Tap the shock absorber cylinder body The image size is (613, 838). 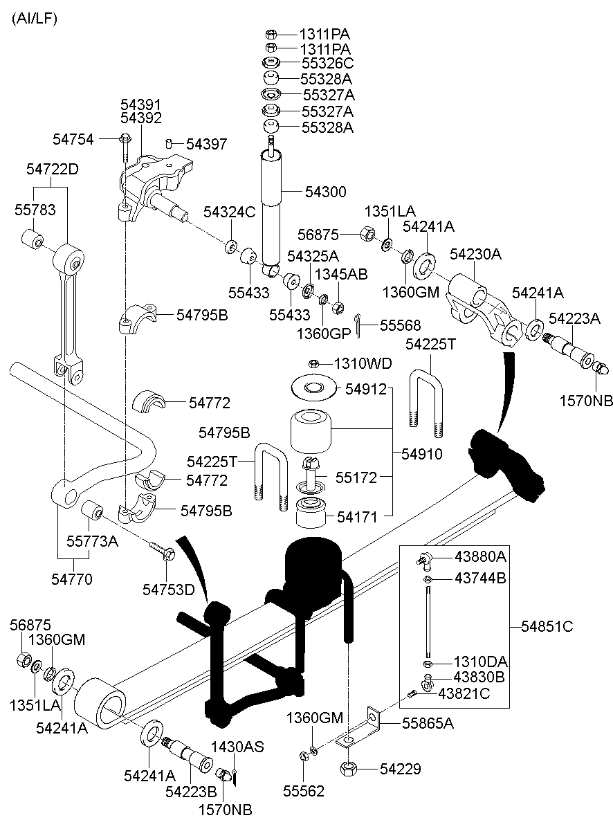(x=271, y=208)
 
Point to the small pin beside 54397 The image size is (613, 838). (x=169, y=144)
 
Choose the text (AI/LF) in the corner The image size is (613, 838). (x=34, y=19)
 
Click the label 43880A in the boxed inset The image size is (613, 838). (x=480, y=557)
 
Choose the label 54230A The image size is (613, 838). (x=475, y=255)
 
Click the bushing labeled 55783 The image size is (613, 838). (x=30, y=239)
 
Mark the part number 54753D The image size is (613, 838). (x=169, y=589)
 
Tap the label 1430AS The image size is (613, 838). (x=237, y=747)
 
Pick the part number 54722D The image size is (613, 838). (x=53, y=169)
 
